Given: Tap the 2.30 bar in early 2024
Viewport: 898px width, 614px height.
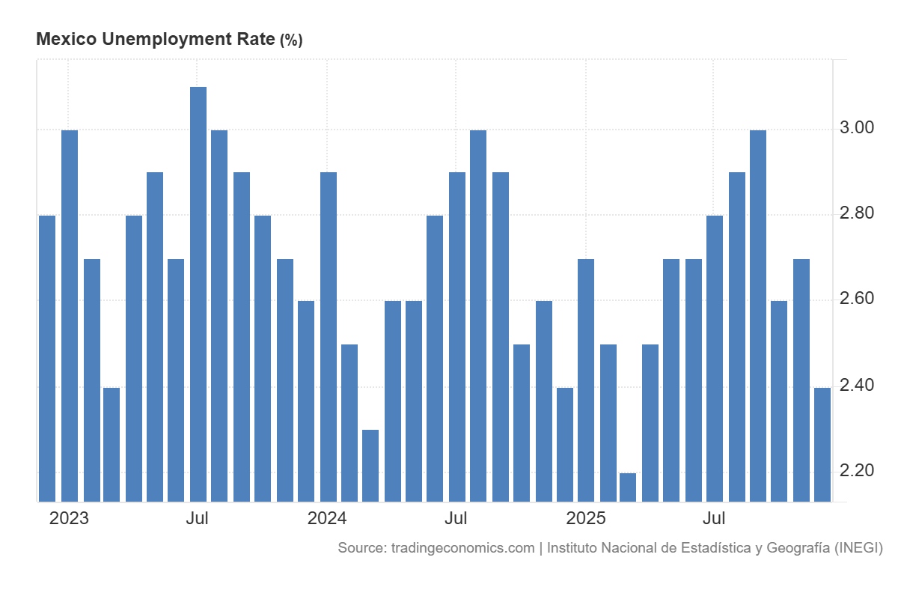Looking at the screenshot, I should pyautogui.click(x=370, y=465).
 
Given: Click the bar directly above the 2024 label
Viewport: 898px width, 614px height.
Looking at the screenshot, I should pyautogui.click(x=329, y=336).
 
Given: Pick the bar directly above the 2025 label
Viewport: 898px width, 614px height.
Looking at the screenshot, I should pyautogui.click(x=586, y=380).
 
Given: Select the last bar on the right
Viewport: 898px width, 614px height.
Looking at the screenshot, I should pyautogui.click(x=822, y=444).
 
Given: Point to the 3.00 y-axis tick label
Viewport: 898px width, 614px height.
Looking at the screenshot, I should pyautogui.click(x=856, y=128).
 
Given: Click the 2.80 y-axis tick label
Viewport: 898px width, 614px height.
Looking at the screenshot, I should pyautogui.click(x=856, y=213).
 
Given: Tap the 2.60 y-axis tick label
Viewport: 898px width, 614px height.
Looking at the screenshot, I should pyautogui.click(x=856, y=300).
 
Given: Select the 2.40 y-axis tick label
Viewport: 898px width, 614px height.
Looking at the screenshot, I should pyautogui.click(x=856, y=385).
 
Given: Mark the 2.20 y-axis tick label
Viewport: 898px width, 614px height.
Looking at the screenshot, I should pyautogui.click(x=856, y=470).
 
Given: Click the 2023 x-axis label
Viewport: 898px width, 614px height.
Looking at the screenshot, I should pyautogui.click(x=69, y=518).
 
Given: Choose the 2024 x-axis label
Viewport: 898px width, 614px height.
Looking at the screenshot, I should pyautogui.click(x=327, y=518).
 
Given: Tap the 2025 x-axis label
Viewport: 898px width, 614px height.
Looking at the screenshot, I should pyautogui.click(x=585, y=518).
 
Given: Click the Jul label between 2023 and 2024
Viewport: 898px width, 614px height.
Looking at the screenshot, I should pyautogui.click(x=197, y=518).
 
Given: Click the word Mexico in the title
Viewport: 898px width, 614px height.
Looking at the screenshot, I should pyautogui.click(x=65, y=40).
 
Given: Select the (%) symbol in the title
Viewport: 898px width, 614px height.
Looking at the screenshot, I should pyautogui.click(x=291, y=40).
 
